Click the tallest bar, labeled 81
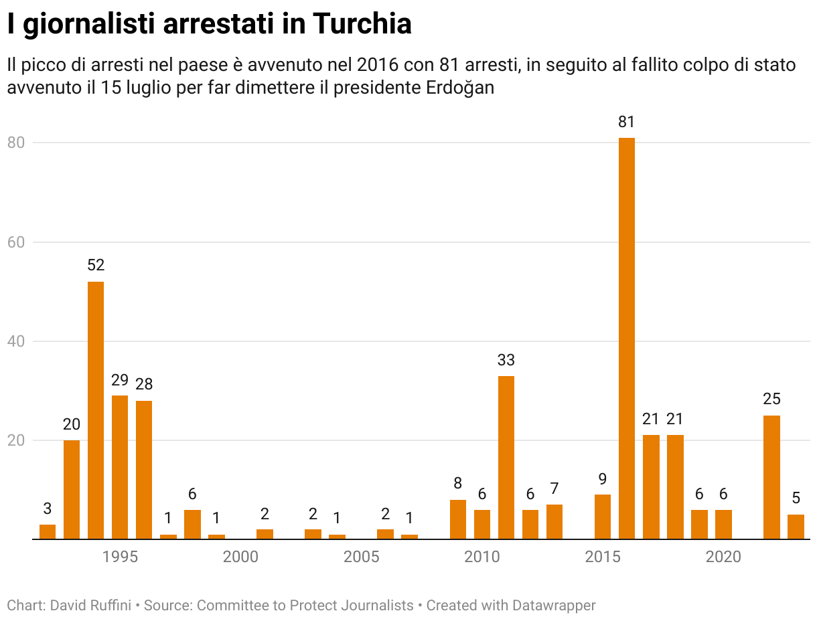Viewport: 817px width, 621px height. [626, 338]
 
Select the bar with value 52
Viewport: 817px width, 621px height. [96, 410]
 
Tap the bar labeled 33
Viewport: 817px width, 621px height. [506, 458]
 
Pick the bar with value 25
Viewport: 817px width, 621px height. [771, 477]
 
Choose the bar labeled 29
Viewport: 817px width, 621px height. [120, 467]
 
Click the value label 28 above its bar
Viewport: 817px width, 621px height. [144, 384]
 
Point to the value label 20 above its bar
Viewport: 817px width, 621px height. [72, 424]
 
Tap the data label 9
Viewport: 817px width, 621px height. [603, 478]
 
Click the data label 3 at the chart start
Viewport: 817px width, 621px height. [48, 508]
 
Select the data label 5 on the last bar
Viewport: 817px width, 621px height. [796, 499]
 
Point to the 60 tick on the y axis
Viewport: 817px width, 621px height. [16, 242]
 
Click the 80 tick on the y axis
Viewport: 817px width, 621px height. [16, 143]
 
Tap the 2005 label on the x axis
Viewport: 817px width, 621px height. [361, 557]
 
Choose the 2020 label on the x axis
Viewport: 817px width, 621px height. [723, 557]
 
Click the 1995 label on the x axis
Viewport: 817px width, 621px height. [120, 557]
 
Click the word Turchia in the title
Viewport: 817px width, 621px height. [361, 25]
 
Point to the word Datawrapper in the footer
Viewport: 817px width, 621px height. [553, 606]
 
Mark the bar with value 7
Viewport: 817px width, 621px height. [554, 522]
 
